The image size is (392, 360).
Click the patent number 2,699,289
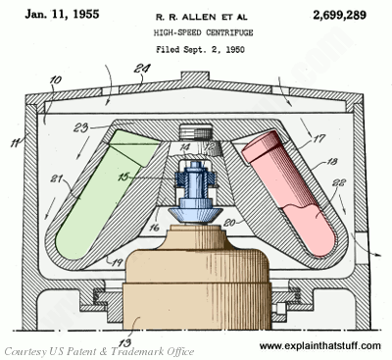pyautogui.click(x=339, y=15)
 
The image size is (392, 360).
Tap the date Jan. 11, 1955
pyautogui.click(x=62, y=14)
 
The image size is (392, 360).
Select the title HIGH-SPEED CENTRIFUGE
pyautogui.click(x=203, y=32)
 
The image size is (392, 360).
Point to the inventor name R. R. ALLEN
pyautogui.click(x=185, y=17)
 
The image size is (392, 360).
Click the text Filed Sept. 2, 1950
pyautogui.click(x=200, y=50)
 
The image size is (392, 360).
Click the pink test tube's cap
pyautogui.click(x=262, y=146)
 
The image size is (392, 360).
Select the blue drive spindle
pyautogui.click(x=195, y=193)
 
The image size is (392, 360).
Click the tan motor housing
pyautogui.click(x=197, y=278)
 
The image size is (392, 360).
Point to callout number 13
pyautogui.click(x=124, y=342)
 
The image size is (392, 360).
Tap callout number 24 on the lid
pyautogui.click(x=142, y=69)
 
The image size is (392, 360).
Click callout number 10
pyautogui.click(x=56, y=80)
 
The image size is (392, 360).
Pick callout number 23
pyautogui.click(x=81, y=127)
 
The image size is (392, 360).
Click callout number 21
pyautogui.click(x=58, y=179)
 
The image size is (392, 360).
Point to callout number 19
pyautogui.click(x=118, y=263)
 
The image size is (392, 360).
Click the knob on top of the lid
pyautogui.click(x=195, y=77)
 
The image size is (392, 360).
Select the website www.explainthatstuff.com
pyautogui.click(x=320, y=345)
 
